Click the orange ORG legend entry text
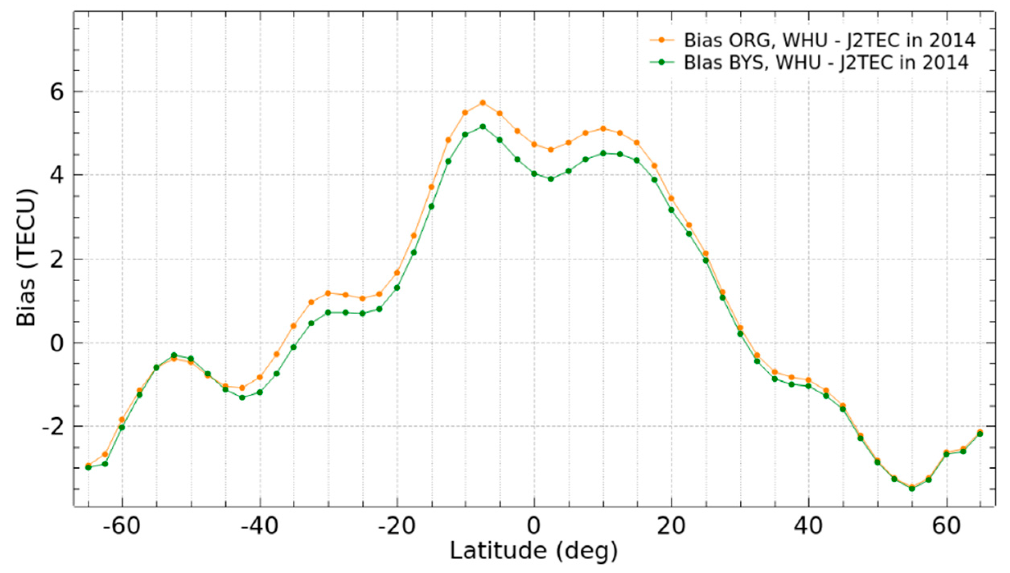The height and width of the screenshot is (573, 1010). click(x=829, y=40)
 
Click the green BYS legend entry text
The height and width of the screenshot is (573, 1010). click(x=826, y=62)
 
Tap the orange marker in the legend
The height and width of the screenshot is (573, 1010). click(x=661, y=40)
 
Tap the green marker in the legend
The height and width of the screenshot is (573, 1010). click(x=661, y=62)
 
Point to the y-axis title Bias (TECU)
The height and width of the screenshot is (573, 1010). click(x=27, y=258)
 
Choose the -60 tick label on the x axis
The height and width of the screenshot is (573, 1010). click(x=122, y=526)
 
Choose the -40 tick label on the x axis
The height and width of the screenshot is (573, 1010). click(x=259, y=526)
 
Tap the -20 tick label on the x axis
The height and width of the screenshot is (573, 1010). click(x=397, y=526)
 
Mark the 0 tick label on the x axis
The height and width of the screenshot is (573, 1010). click(x=534, y=526)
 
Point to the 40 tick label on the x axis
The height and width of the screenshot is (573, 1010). click(x=809, y=526)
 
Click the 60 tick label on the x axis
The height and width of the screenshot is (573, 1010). click(x=946, y=526)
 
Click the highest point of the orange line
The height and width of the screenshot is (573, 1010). click(x=482, y=103)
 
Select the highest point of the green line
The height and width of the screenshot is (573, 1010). click(x=482, y=127)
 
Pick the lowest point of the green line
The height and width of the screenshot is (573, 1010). click(x=912, y=489)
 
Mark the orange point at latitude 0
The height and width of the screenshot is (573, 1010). click(x=534, y=144)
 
